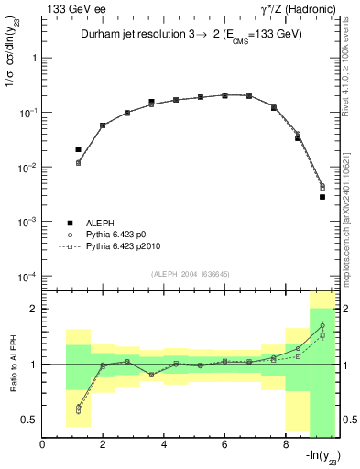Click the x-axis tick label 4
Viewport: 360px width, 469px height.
click(x=164, y=445)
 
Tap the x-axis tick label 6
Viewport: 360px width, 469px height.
click(x=224, y=445)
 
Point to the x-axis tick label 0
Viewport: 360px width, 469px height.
click(x=43, y=445)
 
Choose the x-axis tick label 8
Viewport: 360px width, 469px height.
click(x=285, y=445)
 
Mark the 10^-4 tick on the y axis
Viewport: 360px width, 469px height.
click(x=28, y=277)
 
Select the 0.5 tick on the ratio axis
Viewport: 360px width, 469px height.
click(x=30, y=420)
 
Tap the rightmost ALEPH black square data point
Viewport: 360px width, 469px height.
click(x=322, y=197)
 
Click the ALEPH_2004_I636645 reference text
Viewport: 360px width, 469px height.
click(x=189, y=272)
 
